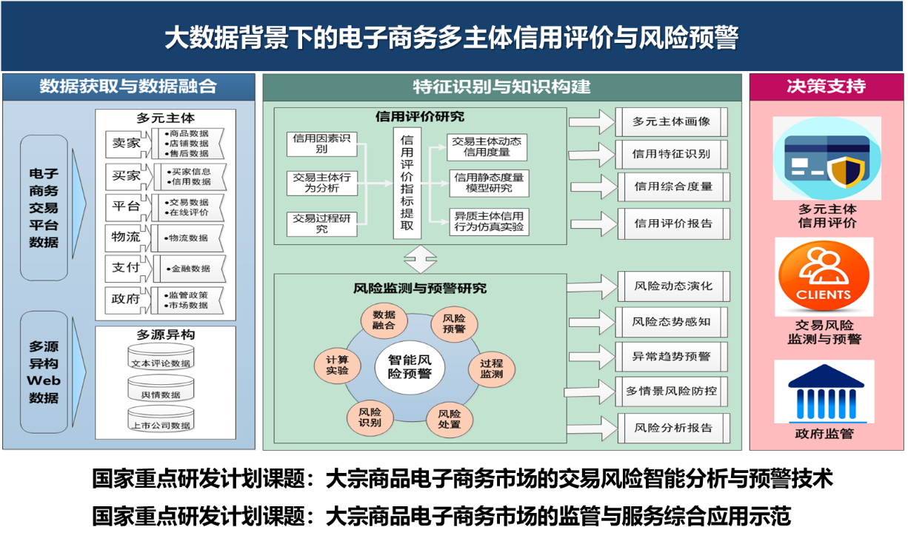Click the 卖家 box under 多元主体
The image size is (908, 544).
click(x=126, y=144)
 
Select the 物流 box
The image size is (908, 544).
click(x=126, y=238)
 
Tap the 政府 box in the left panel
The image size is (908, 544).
click(x=126, y=299)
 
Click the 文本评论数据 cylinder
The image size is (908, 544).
click(x=161, y=358)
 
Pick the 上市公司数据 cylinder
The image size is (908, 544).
click(x=161, y=420)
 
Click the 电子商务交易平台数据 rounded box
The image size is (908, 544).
click(x=44, y=207)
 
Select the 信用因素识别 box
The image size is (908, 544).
click(x=322, y=144)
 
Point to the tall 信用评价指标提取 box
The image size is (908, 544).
click(x=407, y=183)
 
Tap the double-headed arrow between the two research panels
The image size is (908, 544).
click(x=421, y=260)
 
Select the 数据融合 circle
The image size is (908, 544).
click(x=384, y=320)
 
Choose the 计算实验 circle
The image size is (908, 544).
click(x=338, y=365)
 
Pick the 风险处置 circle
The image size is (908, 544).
click(x=450, y=419)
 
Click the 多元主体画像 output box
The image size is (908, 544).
click(x=671, y=121)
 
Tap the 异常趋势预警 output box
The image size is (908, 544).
click(x=671, y=356)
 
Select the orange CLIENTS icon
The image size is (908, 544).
click(x=824, y=276)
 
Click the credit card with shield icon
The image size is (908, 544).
click(x=827, y=158)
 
